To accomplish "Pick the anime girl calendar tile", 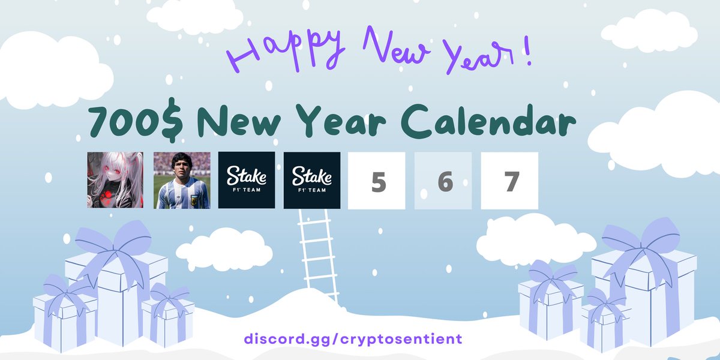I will pyautogui.click(x=115, y=180).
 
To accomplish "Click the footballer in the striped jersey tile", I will pyautogui.click(x=182, y=180).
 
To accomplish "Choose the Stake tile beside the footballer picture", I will pyautogui.click(x=247, y=180).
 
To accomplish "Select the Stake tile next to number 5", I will pyautogui.click(x=312, y=180).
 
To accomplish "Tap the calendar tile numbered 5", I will pyautogui.click(x=378, y=181).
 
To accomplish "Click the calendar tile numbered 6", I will pyautogui.click(x=444, y=181).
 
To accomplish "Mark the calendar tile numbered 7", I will pyautogui.click(x=510, y=181).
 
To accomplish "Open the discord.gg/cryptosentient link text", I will pyautogui.click(x=353, y=338).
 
